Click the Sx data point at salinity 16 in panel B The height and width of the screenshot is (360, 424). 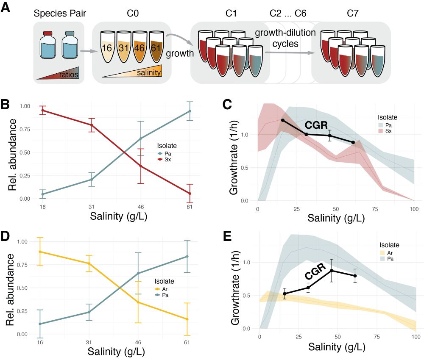42,111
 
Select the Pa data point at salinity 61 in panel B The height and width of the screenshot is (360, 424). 190,111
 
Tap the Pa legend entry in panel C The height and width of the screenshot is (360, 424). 388,125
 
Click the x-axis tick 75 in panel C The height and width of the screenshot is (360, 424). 375,209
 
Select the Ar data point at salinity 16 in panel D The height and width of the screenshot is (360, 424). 40,252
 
